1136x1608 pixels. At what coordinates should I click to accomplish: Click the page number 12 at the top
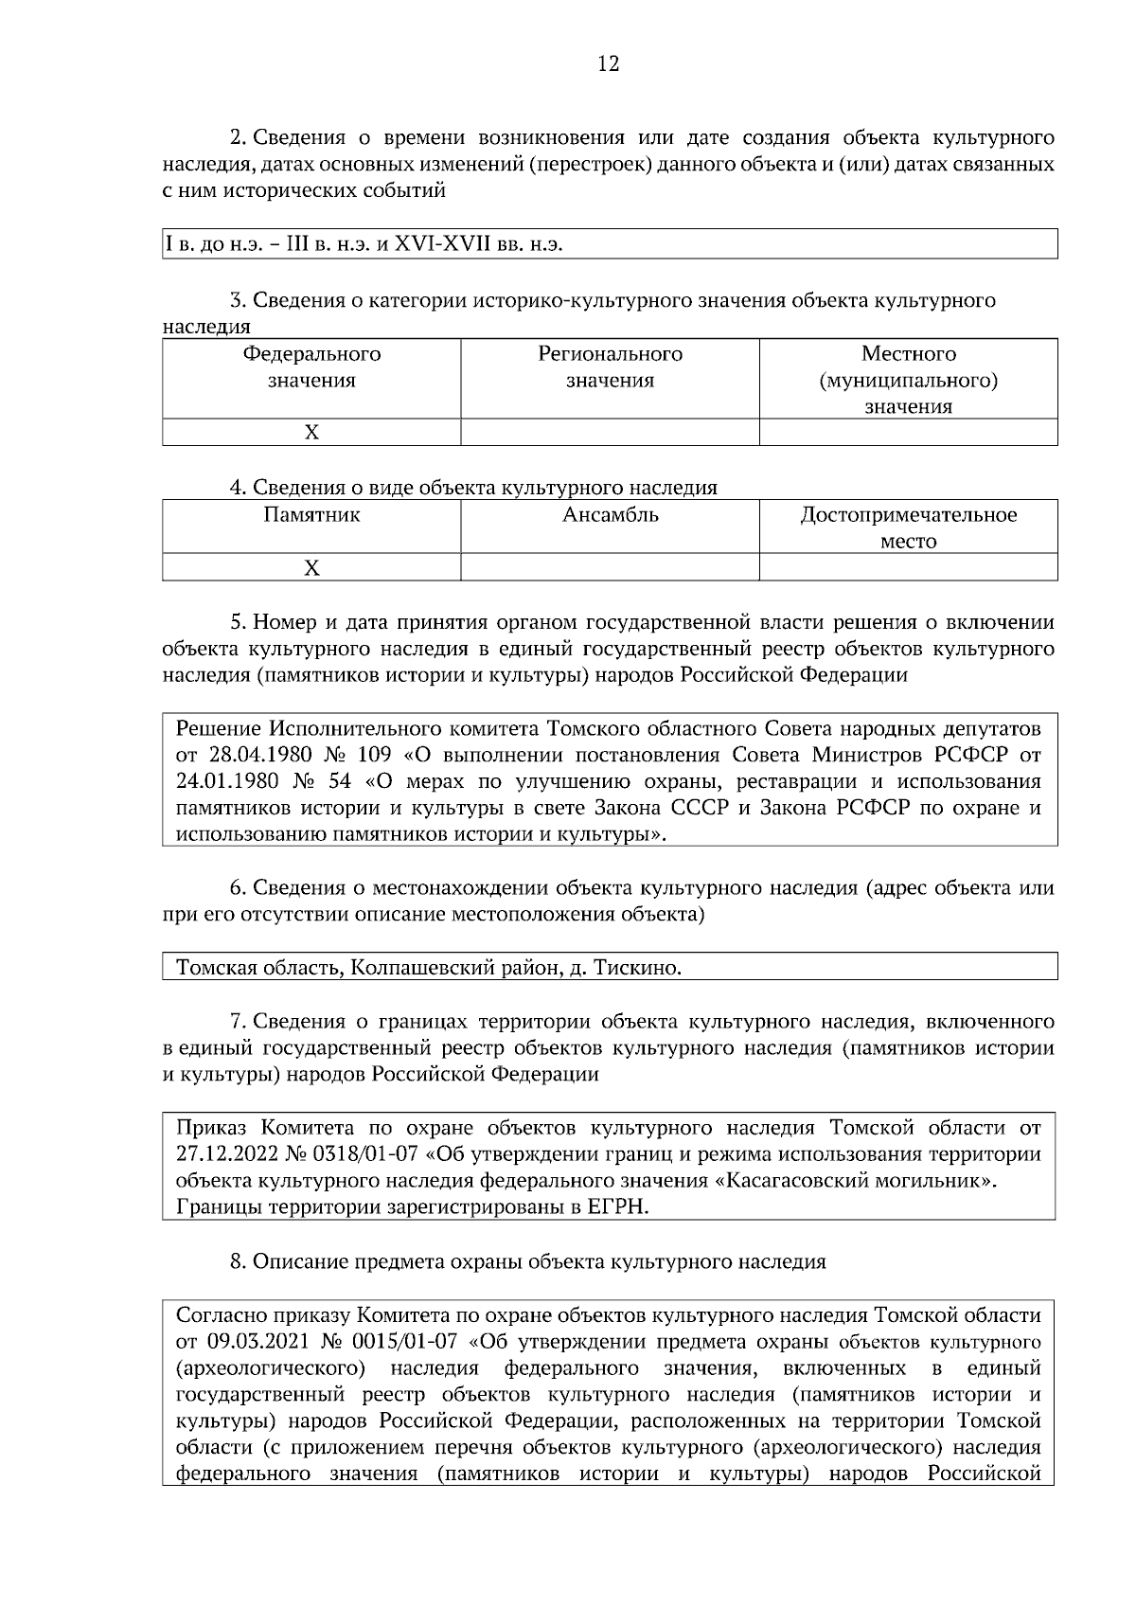609,64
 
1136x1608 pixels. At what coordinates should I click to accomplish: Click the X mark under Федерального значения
311,433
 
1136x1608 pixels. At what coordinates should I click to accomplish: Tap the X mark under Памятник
311,568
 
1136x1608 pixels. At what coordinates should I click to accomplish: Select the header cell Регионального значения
610,367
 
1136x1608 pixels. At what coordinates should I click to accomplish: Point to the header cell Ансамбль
610,516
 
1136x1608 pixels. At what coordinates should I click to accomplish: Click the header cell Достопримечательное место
908,527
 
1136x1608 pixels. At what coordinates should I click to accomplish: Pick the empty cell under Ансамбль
610,568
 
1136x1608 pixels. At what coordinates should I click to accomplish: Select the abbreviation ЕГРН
616,1208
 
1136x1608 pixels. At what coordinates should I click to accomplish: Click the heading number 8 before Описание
238,1262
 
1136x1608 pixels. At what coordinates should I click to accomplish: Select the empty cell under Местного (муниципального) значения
908,433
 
